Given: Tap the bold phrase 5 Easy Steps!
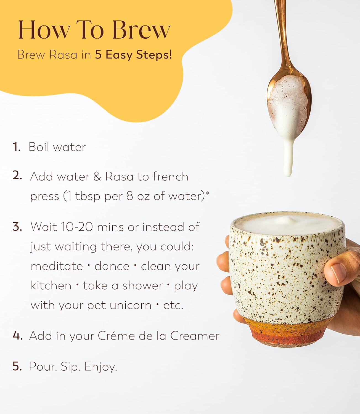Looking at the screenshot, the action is coord(134,55).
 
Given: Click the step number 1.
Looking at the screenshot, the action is coord(16,147).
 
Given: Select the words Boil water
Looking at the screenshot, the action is coord(57,147).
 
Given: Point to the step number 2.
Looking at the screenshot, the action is coord(17,176).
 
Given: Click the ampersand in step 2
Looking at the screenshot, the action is coord(97,176).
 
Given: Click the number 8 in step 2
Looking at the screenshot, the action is coord(130,196).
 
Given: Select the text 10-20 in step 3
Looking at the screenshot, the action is coord(77,227).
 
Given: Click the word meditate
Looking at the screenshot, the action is coord(57,266).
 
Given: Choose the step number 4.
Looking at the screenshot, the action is coord(18,336).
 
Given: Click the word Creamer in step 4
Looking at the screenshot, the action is coord(195,336).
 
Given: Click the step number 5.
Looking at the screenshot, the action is coord(17,366).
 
